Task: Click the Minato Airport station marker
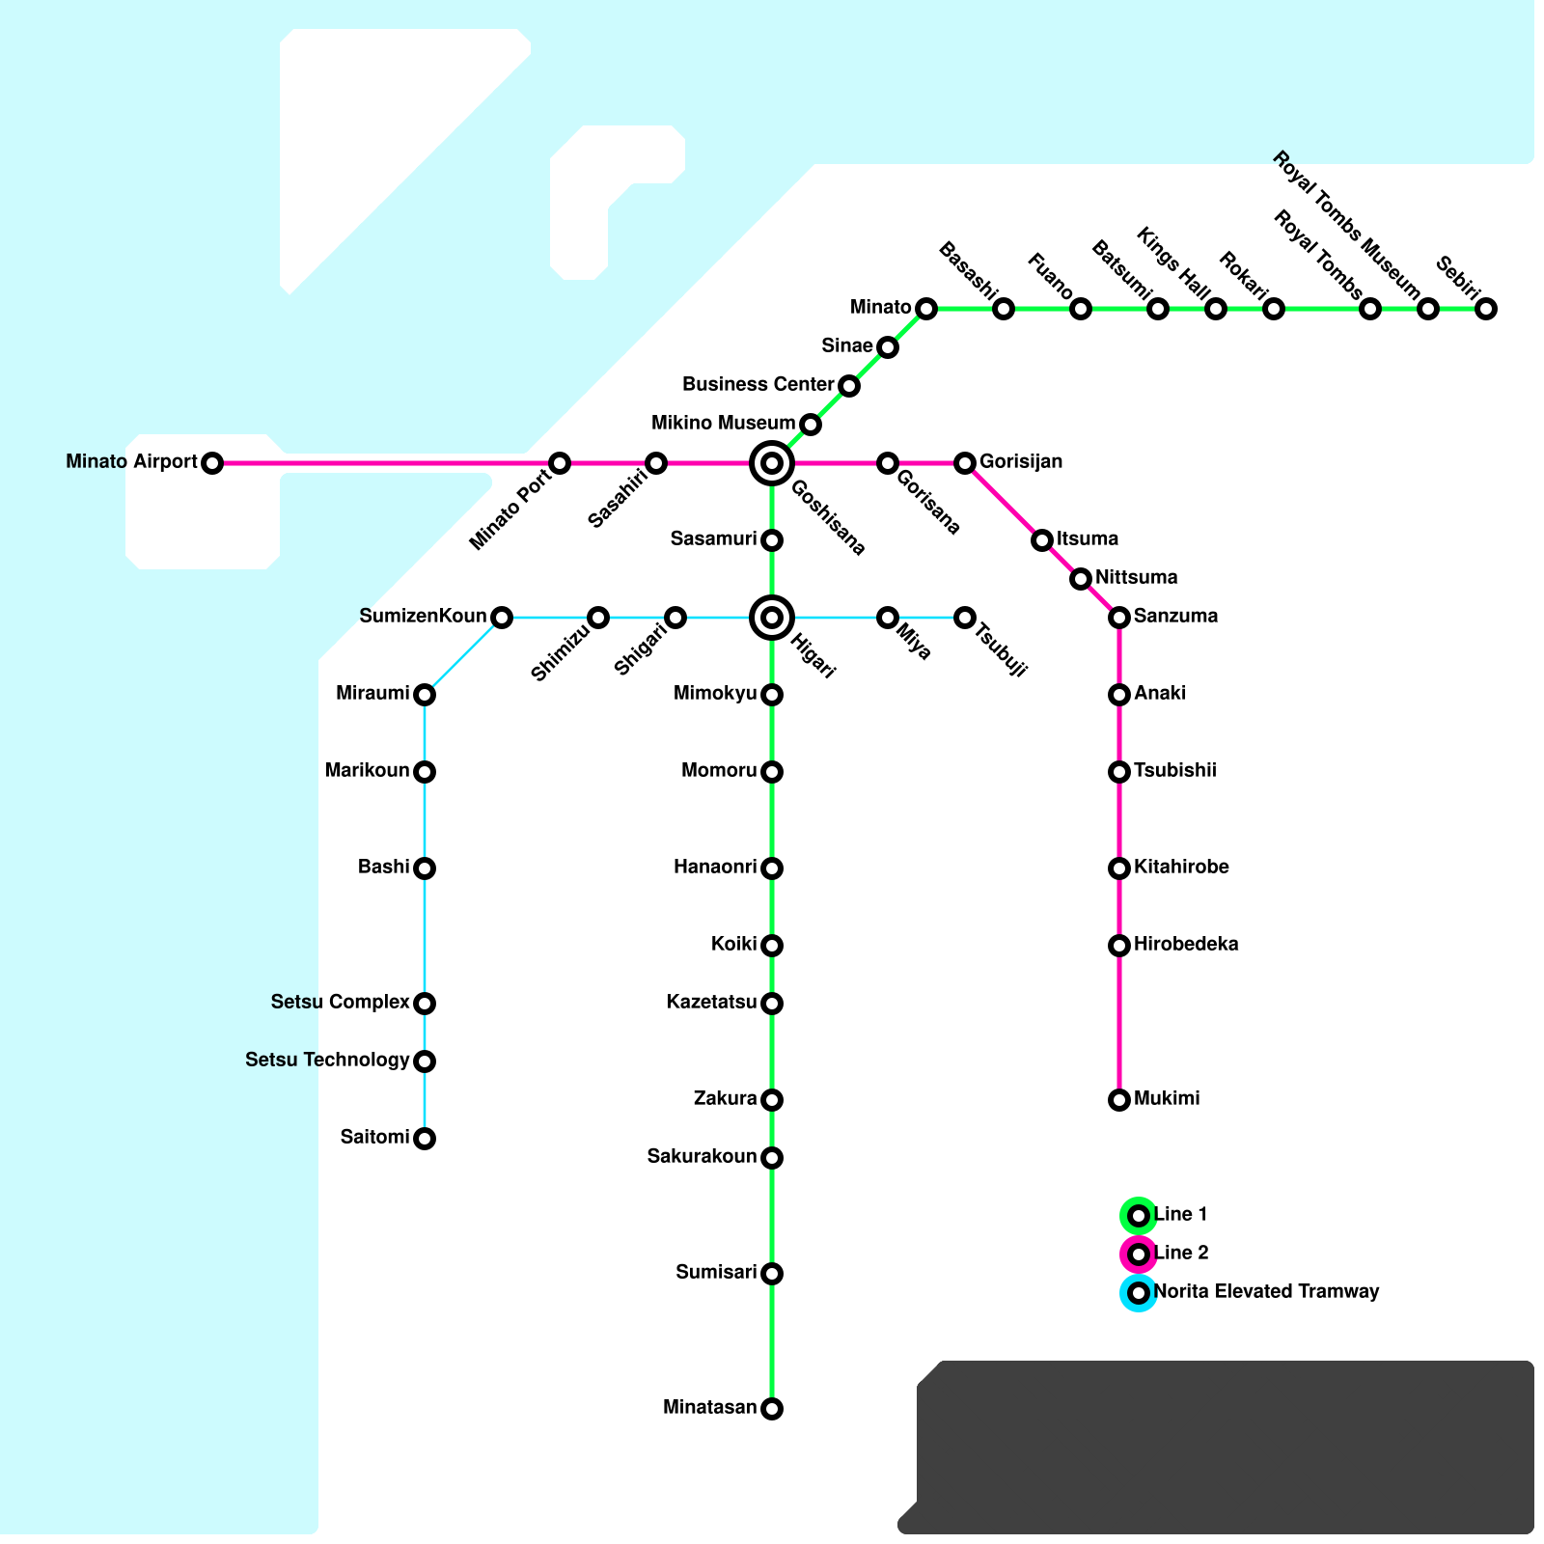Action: pos(212,463)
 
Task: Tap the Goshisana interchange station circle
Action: pos(772,463)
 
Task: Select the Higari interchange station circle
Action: pos(772,618)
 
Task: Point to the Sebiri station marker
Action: pos(1486,309)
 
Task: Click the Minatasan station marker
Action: pos(772,1409)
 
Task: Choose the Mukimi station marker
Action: pos(1119,1100)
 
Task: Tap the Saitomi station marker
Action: pos(425,1139)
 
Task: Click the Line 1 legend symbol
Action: pos(1139,1216)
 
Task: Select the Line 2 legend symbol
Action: pos(1139,1254)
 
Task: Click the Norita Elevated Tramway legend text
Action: pos(1266,1292)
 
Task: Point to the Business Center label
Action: pos(758,385)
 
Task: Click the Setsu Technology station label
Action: pos(327,1061)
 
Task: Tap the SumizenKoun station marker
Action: pos(502,618)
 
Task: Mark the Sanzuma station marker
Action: pos(1119,618)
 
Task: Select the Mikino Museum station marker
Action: pos(811,425)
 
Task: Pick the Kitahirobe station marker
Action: pos(1119,868)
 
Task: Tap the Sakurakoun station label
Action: pos(702,1157)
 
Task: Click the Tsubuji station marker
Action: pos(965,618)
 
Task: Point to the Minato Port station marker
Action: pos(560,463)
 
